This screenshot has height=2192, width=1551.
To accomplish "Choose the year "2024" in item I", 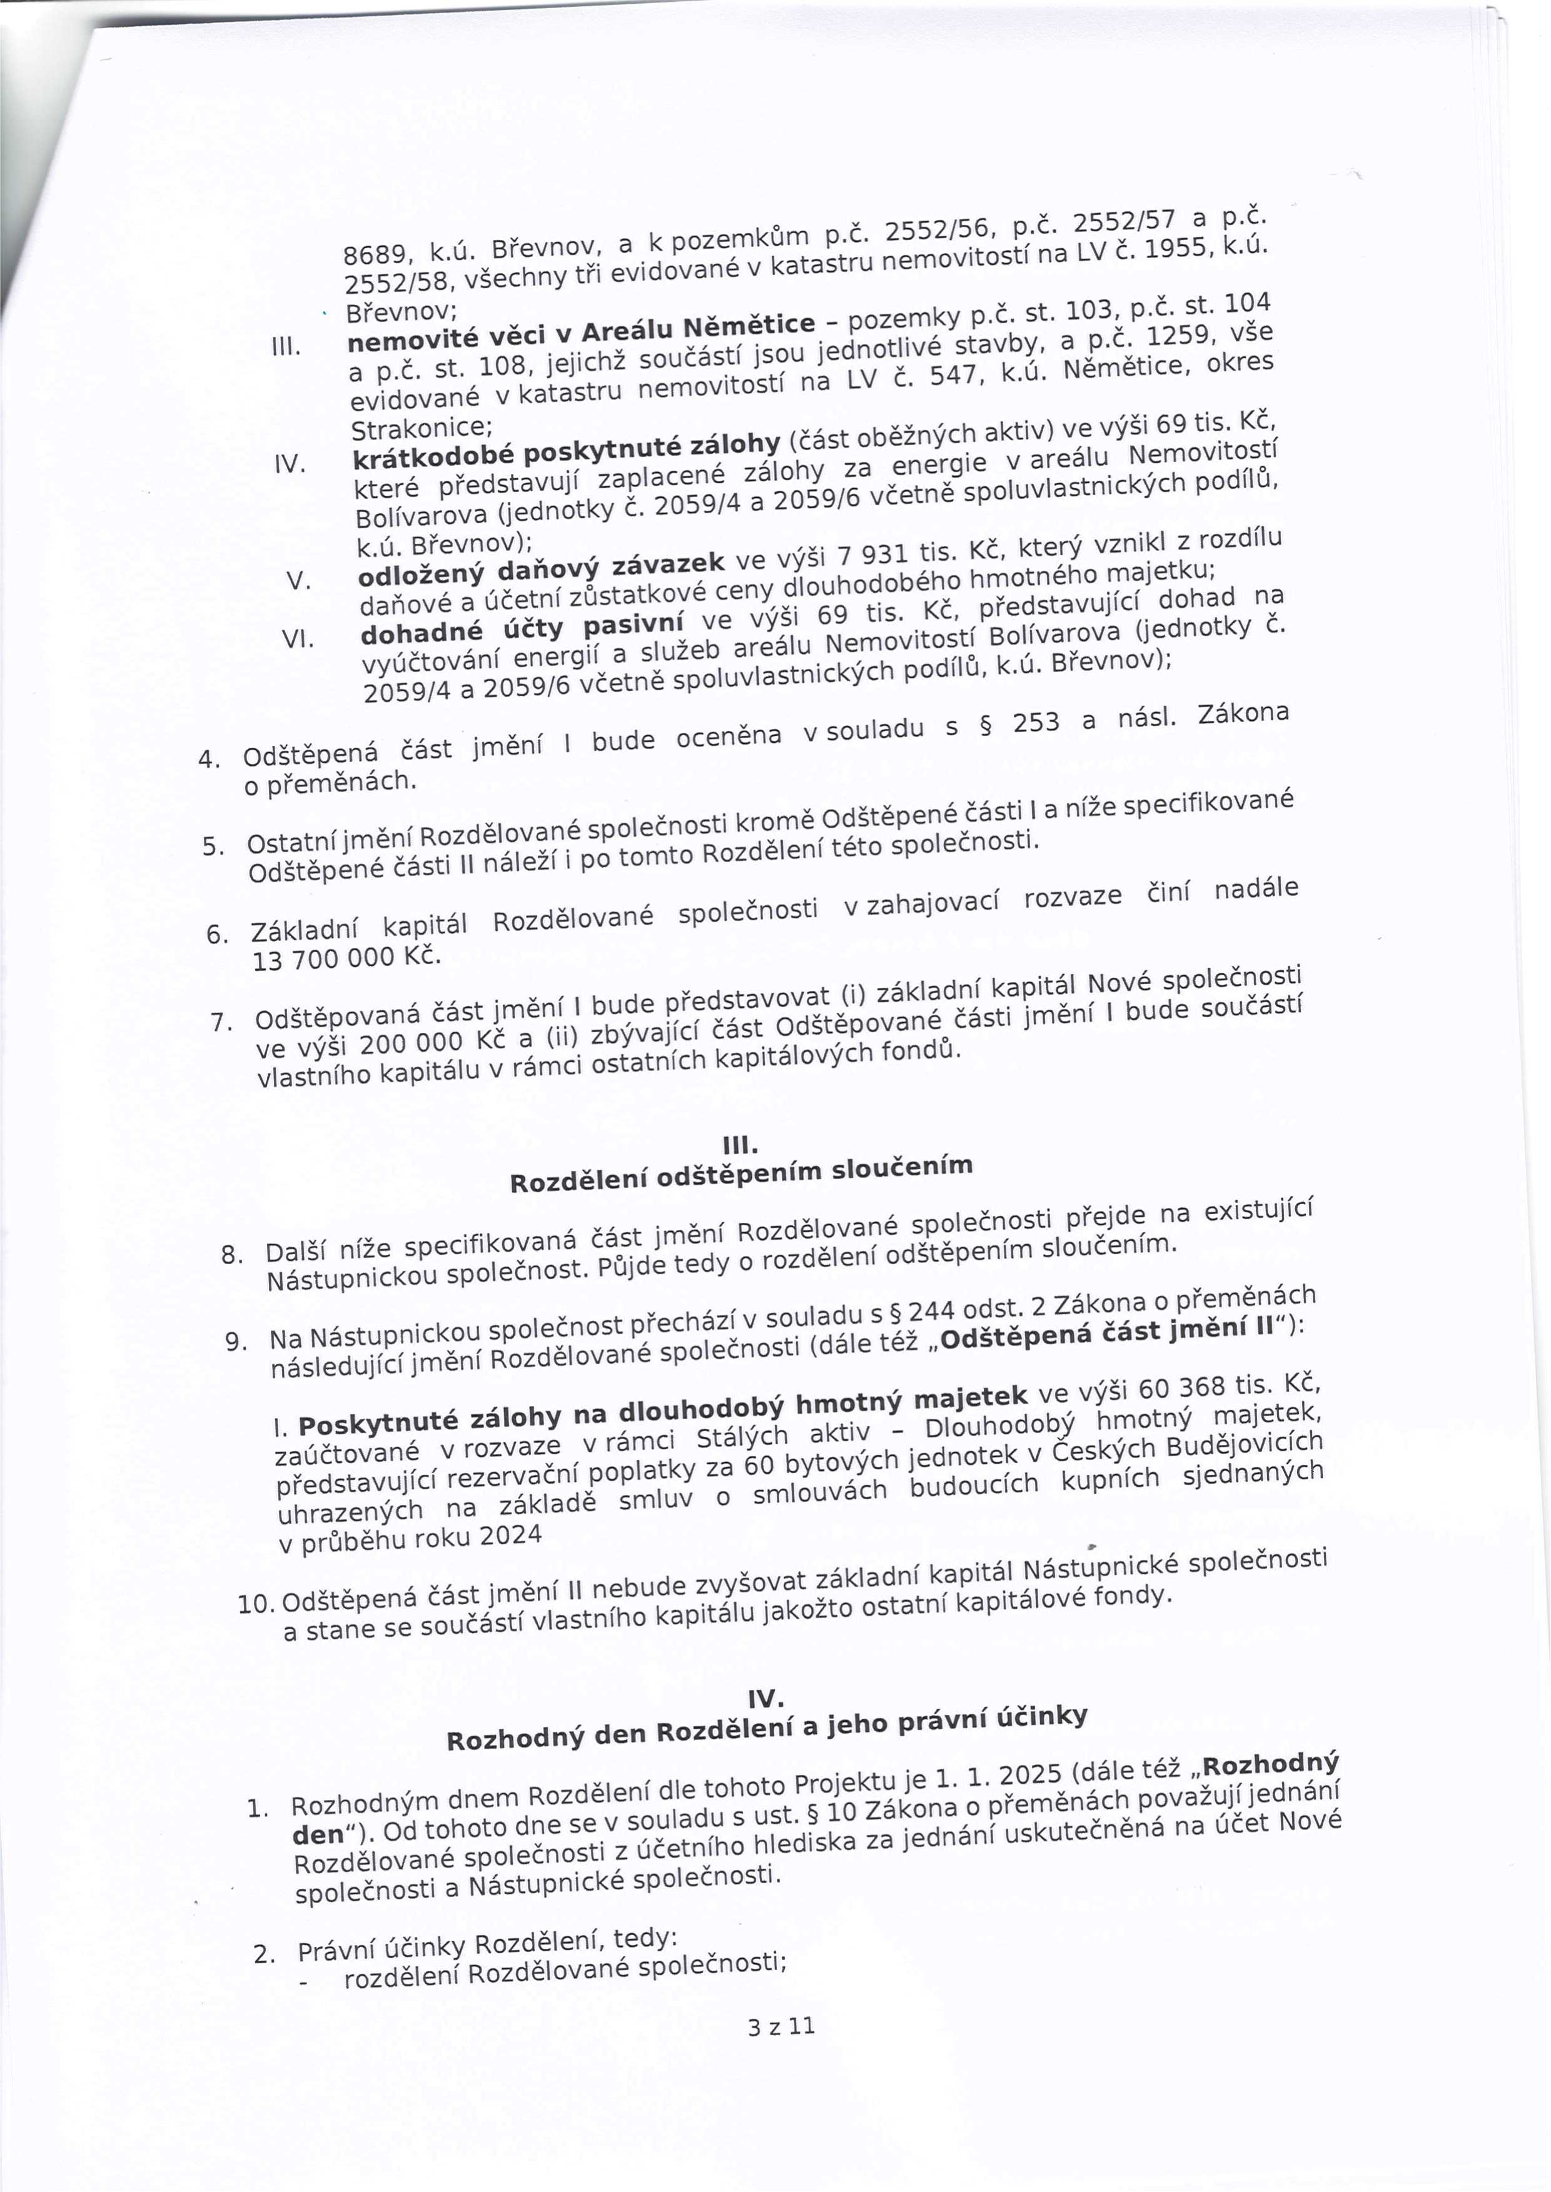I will tap(510, 1536).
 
